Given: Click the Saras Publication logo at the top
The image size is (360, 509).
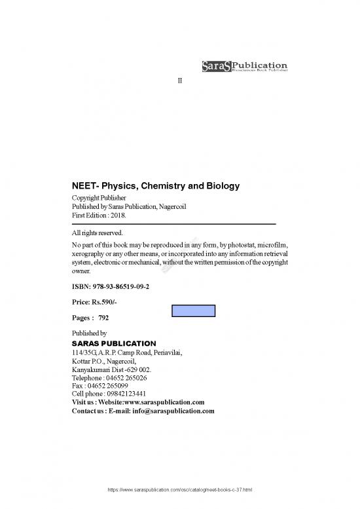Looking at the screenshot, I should (x=243, y=66).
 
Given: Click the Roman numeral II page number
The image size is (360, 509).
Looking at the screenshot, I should (x=180, y=80).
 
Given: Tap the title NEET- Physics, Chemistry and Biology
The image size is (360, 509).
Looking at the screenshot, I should (x=155, y=186).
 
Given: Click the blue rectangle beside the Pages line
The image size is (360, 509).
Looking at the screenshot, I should (x=194, y=311).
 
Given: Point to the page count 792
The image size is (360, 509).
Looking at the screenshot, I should (x=103, y=318).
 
